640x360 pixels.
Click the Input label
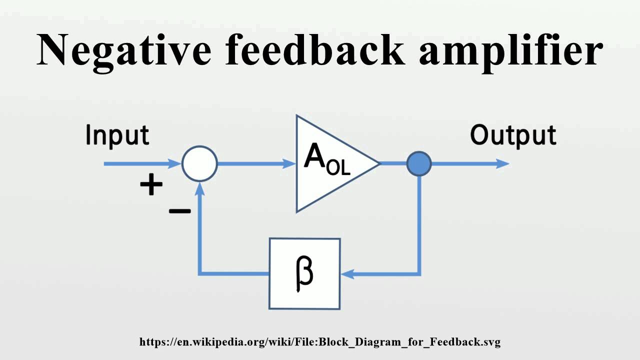point(117,136)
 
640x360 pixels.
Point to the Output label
point(513,136)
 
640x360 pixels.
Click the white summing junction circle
point(199,163)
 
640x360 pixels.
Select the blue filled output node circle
point(419,163)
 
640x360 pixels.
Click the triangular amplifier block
point(330,163)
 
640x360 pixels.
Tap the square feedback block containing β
point(304,273)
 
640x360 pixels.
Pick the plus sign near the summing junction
point(151,185)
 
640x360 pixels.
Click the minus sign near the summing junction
point(180,211)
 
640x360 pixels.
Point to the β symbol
point(304,273)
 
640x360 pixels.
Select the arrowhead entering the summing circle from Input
point(175,163)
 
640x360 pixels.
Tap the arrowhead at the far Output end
point(503,163)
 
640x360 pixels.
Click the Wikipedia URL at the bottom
point(320,342)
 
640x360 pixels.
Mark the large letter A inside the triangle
point(315,156)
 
